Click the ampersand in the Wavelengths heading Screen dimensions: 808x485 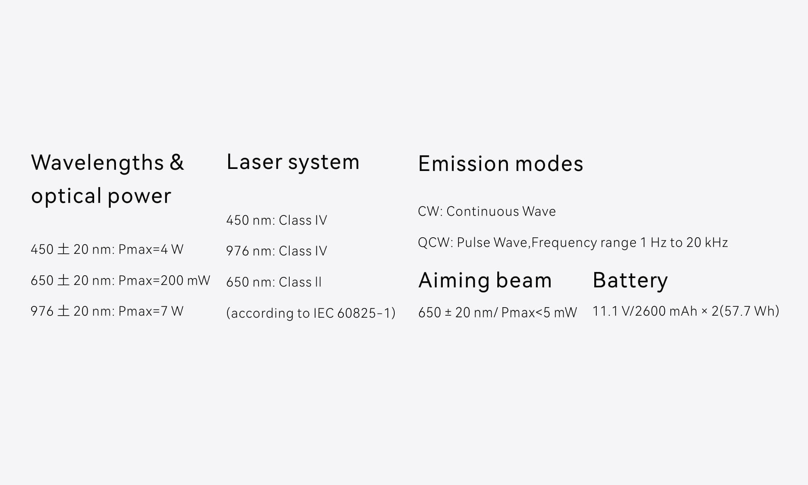click(177, 162)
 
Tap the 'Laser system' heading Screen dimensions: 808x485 click(293, 162)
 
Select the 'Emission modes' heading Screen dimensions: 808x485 click(501, 164)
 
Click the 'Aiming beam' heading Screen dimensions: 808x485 click(485, 280)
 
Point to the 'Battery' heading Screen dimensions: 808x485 click(630, 280)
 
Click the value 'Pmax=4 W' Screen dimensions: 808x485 click(151, 249)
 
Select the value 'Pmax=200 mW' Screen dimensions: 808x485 click(164, 280)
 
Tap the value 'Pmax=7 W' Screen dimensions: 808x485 click(151, 311)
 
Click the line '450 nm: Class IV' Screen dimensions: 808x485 click(276, 220)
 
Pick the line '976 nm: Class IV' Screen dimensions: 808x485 click(276, 251)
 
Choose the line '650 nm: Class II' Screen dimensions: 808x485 click(274, 282)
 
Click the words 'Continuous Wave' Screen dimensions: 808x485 click(501, 211)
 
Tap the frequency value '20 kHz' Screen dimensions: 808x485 click(707, 242)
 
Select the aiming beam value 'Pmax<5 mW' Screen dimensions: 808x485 click(539, 313)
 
